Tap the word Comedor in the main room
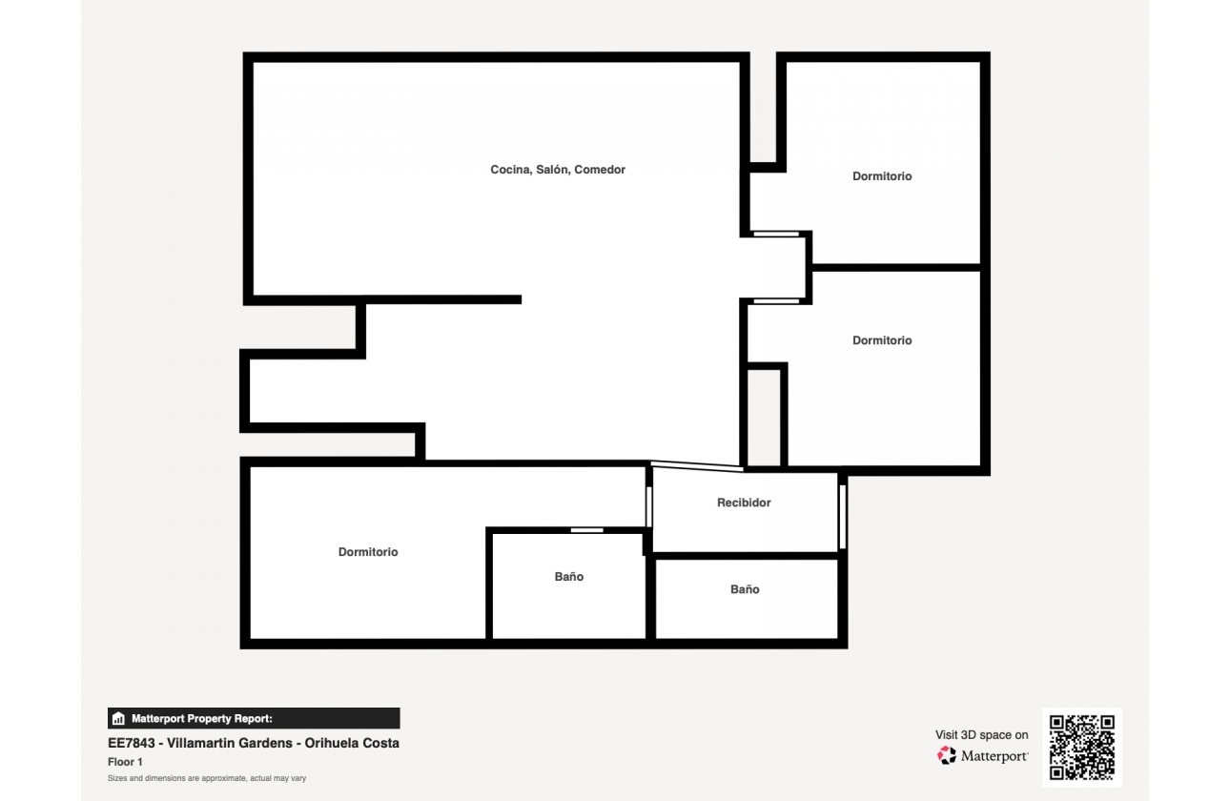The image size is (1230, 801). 600,170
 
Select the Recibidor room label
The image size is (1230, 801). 744,503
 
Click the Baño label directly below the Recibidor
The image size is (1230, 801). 745,589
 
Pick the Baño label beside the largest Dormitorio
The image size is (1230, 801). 569,577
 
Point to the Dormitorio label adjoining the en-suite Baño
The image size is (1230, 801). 368,552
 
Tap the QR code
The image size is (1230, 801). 1081,749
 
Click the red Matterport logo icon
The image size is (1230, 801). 946,755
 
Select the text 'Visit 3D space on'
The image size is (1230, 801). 981,735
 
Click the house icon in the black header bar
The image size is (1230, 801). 118,719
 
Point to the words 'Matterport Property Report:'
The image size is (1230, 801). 202,719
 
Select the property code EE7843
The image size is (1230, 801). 130,743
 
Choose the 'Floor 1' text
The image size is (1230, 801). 125,762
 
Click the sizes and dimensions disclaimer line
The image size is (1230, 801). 207,779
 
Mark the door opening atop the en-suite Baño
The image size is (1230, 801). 586,530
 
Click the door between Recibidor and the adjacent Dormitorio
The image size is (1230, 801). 649,506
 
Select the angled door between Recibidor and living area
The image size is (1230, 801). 697,465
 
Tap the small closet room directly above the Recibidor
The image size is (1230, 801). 764,418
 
